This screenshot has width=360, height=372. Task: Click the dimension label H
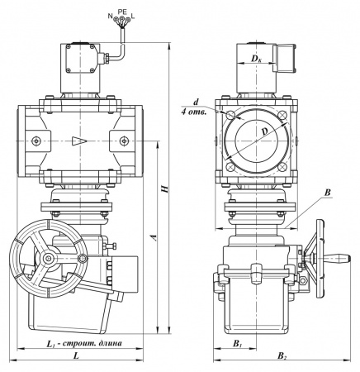[164, 188]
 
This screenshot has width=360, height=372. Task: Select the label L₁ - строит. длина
[84, 344]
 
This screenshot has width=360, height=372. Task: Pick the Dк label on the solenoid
[256, 58]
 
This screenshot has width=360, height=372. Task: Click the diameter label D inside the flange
[264, 131]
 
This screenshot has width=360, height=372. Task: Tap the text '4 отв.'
[193, 112]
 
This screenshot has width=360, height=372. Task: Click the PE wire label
[122, 12]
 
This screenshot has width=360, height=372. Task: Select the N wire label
[111, 17]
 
